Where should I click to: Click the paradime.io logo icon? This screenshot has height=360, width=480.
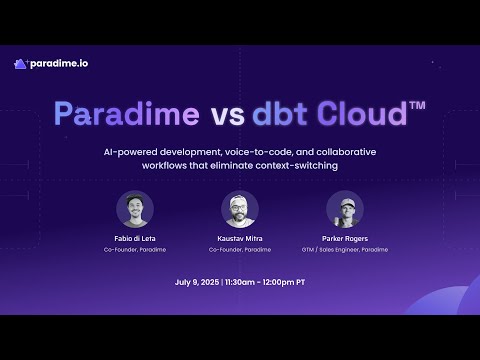click(20, 64)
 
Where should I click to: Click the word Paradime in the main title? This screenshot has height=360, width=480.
click(127, 114)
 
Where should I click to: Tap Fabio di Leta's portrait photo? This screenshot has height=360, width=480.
click(135, 209)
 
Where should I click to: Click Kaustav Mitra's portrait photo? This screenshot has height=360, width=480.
click(240, 209)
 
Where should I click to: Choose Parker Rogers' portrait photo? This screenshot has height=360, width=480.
click(345, 209)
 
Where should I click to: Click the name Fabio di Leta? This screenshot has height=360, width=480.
click(135, 239)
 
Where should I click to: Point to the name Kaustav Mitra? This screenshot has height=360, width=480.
click(240, 239)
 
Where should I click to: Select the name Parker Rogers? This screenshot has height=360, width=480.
click(345, 239)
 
